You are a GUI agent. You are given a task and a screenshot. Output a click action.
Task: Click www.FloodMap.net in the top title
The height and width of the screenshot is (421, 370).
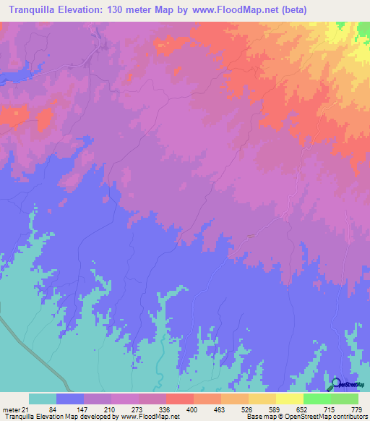point(234,10)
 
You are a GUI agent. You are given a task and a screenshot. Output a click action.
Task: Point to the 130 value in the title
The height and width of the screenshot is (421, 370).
point(124,10)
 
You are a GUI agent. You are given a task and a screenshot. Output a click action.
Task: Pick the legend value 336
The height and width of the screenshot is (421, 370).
point(162,409)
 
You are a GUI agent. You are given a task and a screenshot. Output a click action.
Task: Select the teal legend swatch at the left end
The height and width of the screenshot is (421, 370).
point(43,399)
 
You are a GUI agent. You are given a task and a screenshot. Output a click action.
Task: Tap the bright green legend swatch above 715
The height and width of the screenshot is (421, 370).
point(317,399)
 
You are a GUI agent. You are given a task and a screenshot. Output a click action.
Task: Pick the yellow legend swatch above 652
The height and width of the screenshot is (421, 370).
point(290,399)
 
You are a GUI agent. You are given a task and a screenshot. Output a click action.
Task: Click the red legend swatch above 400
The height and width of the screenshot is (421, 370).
point(180,399)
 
